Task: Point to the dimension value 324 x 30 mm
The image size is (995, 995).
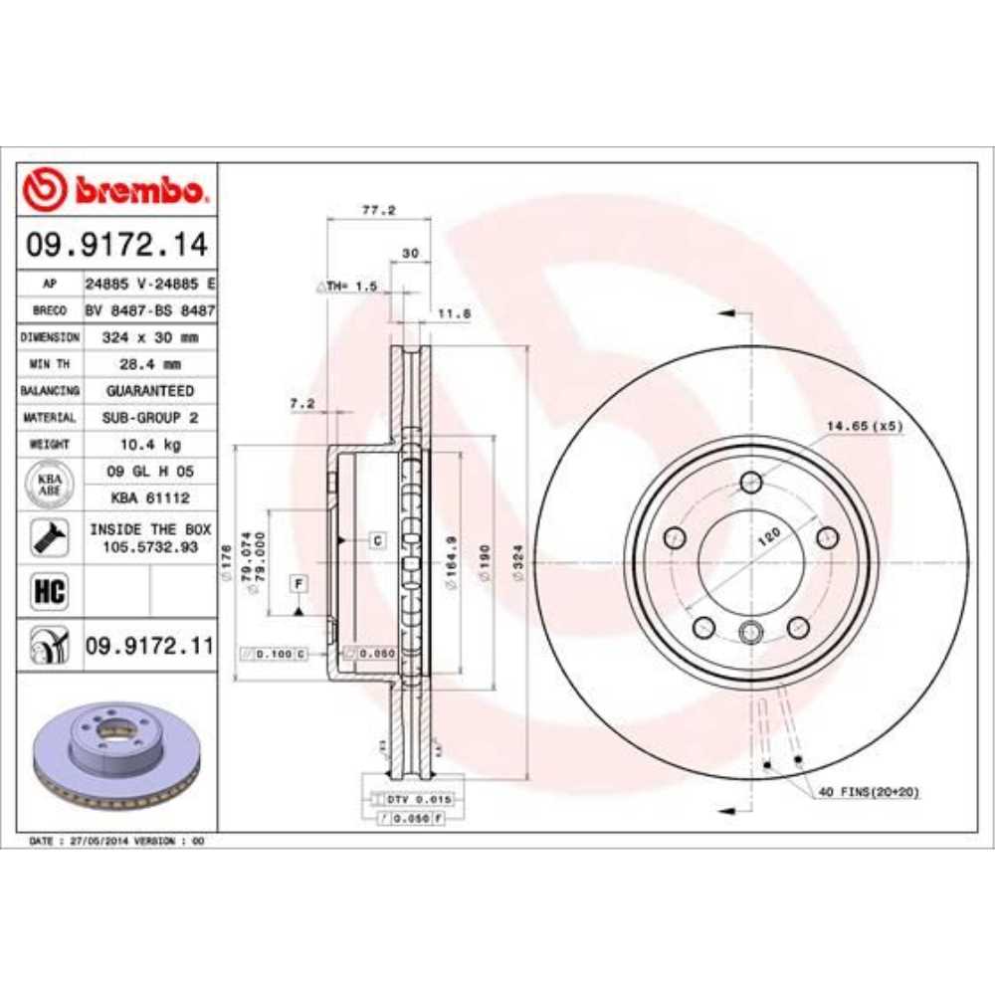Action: click(149, 337)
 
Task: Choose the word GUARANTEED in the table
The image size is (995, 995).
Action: click(149, 391)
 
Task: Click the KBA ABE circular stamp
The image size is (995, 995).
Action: click(49, 485)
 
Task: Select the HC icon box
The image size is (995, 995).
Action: click(50, 592)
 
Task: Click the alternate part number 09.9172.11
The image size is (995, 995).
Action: click(149, 646)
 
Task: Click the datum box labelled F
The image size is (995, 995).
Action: click(298, 580)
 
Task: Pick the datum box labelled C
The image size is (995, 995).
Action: click(377, 540)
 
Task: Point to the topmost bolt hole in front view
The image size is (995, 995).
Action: click(751, 482)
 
